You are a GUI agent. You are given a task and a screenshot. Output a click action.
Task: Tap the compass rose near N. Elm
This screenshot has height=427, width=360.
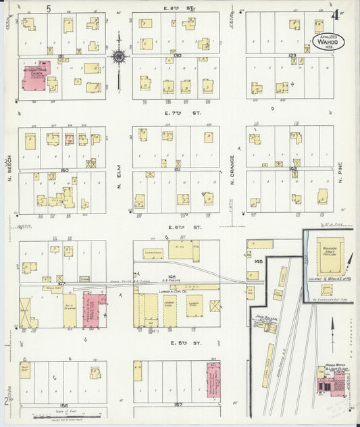point(119,57)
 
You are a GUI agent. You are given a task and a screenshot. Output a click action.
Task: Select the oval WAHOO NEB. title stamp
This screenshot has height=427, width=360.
point(329,41)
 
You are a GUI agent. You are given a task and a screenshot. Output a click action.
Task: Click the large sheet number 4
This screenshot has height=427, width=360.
point(336,14)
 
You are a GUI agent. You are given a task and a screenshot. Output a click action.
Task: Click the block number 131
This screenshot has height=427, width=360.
point(61,55)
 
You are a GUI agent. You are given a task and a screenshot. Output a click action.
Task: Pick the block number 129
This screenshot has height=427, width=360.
point(292,55)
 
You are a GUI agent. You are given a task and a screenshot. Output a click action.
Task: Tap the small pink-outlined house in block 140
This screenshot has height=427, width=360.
point(69,139)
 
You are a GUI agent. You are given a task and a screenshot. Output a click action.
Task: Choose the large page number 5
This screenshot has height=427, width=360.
point(49,9)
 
